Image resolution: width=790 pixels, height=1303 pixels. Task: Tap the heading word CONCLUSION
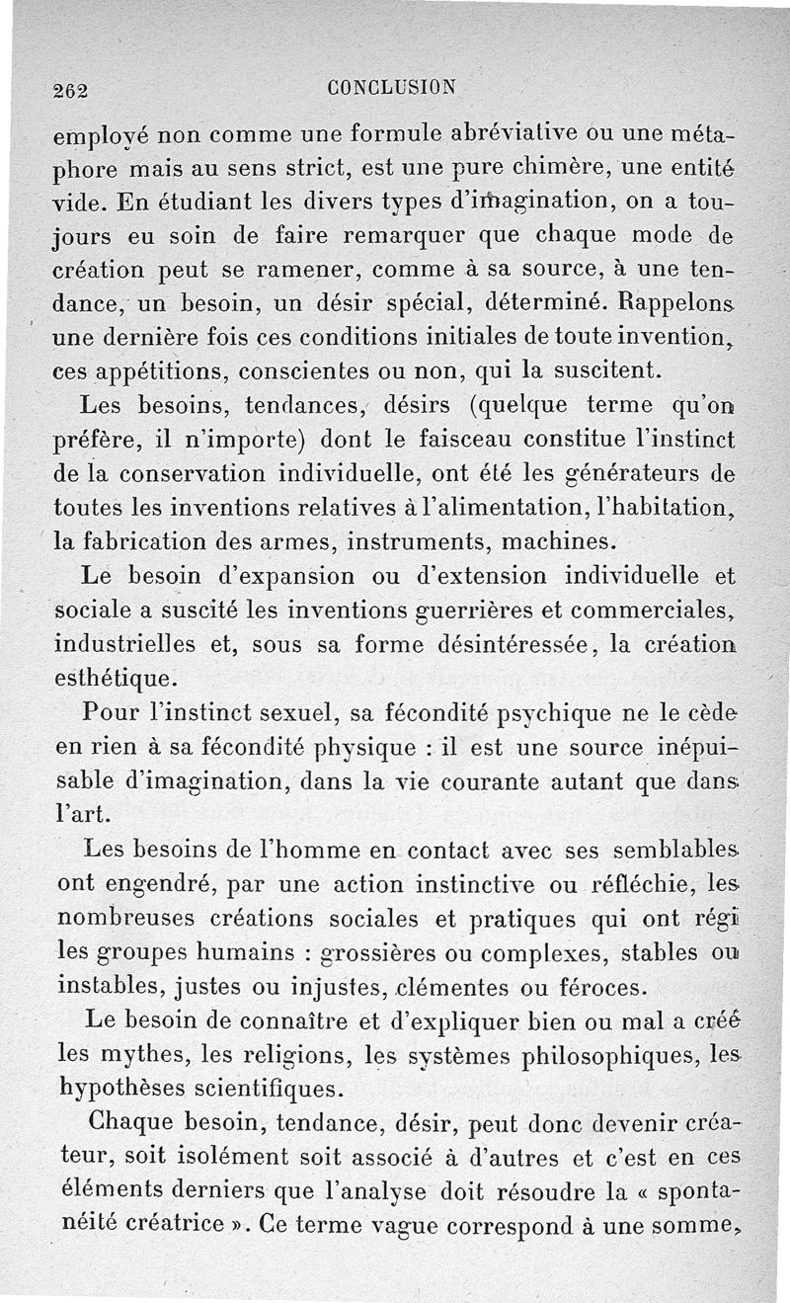(x=393, y=87)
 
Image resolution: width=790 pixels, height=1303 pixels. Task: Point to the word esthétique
(x=115, y=681)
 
